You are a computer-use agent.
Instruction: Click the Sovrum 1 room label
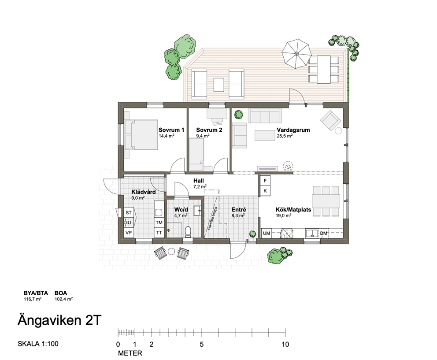click(171, 130)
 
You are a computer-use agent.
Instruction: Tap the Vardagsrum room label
click(293, 130)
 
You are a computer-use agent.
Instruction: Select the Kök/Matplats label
click(293, 209)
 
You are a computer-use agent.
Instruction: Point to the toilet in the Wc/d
click(188, 231)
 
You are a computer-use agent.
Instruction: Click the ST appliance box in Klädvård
click(129, 213)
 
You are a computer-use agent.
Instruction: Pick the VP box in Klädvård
click(129, 233)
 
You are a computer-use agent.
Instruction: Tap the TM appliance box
click(159, 223)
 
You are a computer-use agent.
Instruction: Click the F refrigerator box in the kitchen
click(265, 181)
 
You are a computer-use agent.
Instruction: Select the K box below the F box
click(265, 191)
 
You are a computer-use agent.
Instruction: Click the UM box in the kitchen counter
click(267, 233)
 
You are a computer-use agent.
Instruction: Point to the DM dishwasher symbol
click(324, 233)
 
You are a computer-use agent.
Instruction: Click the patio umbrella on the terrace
click(296, 54)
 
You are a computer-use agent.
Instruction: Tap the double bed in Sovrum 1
click(141, 135)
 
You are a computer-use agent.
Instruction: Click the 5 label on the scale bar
click(201, 345)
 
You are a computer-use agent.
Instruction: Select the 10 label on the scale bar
click(285, 345)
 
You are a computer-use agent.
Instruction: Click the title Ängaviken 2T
click(59, 320)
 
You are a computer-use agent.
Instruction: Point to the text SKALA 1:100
click(38, 344)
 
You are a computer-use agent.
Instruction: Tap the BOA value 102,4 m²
click(64, 299)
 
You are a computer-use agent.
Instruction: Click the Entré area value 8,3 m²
click(238, 215)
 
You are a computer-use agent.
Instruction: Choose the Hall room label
click(198, 181)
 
